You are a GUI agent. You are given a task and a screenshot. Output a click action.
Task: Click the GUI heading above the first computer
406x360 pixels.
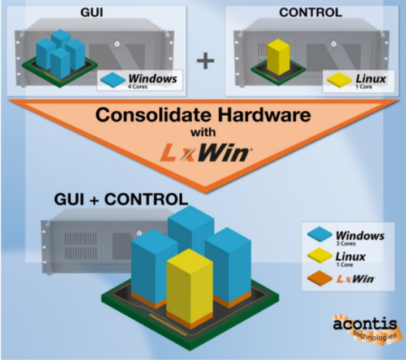click(92, 12)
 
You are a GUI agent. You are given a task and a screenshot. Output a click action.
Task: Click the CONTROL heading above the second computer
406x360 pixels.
click(310, 12)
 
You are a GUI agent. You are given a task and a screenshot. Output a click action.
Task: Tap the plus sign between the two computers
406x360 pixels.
click(205, 60)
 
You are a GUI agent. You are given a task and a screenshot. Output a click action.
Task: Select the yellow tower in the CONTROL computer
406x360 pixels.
click(278, 57)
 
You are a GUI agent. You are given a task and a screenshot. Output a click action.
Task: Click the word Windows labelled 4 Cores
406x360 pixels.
click(153, 79)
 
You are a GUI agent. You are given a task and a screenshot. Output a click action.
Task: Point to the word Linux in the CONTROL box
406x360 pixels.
click(371, 79)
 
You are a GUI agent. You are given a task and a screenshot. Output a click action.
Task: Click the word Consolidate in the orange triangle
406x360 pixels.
click(154, 115)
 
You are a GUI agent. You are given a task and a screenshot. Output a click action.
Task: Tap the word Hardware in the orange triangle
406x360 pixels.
click(264, 115)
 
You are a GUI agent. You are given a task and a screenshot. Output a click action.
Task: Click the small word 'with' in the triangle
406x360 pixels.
click(203, 132)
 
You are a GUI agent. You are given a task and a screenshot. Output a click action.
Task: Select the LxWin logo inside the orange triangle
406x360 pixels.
click(206, 154)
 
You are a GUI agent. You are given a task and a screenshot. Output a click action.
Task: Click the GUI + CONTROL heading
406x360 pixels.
click(121, 199)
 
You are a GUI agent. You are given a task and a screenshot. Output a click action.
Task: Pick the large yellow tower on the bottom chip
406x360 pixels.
click(190, 289)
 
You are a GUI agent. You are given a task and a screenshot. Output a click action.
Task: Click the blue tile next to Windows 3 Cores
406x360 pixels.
click(320, 234)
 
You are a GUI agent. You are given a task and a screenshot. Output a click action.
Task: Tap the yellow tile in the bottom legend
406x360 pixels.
click(320, 255)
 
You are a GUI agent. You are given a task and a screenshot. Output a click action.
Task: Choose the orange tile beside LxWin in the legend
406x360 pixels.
click(320, 278)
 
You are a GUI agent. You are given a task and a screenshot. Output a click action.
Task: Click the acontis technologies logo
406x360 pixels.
click(365, 329)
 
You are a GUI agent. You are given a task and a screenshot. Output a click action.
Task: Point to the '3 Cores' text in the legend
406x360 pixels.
click(346, 244)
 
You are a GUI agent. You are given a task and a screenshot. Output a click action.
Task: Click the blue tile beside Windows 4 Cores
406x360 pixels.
click(113, 80)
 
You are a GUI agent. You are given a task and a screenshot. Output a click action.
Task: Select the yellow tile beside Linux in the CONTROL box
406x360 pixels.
click(339, 80)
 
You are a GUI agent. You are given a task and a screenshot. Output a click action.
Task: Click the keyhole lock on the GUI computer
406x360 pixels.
click(117, 44)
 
